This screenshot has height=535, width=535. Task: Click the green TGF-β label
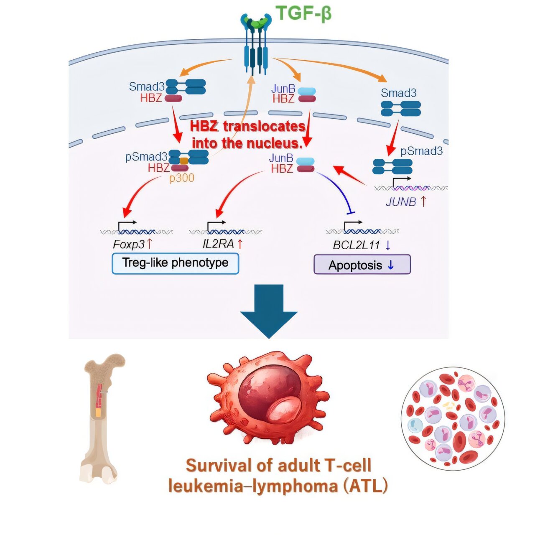[304, 13]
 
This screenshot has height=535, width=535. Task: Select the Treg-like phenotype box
[175, 263]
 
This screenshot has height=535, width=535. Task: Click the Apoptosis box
[362, 265]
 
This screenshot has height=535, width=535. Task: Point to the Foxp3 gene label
[129, 245]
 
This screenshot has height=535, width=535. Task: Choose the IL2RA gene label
[218, 244]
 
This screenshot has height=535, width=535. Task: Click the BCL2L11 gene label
[356, 245]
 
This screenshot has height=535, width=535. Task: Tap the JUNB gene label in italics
[401, 202]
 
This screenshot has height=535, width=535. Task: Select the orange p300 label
[181, 178]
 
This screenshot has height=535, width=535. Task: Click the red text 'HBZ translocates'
[247, 126]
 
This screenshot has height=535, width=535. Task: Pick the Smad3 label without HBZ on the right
[398, 93]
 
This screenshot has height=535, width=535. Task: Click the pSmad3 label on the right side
[421, 151]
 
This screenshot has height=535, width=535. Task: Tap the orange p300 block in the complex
[184, 160]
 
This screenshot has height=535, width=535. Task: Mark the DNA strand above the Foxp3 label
[136, 231]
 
